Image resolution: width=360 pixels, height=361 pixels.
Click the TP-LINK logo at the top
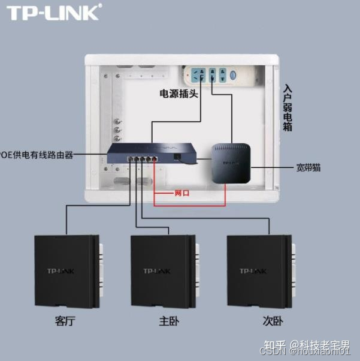pyautogui.click(x=53, y=12)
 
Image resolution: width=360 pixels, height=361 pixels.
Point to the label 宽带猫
pyautogui.click(x=308, y=168)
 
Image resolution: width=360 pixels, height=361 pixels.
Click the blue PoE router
pyautogui.click(x=152, y=155)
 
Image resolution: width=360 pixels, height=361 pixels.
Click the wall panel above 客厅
pyautogui.click(x=66, y=271)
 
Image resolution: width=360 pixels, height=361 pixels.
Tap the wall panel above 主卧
pyautogui.click(x=164, y=271)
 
